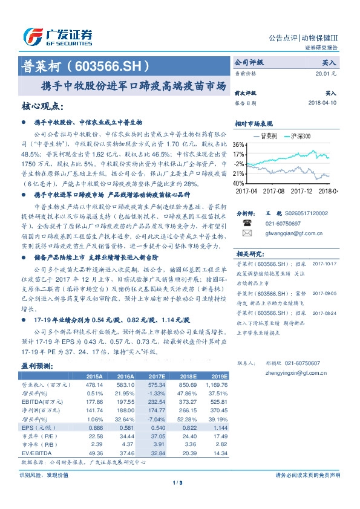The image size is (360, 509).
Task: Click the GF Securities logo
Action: point(57,36)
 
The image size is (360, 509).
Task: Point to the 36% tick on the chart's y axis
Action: point(239,145)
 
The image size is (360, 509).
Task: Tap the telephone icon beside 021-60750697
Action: point(247,222)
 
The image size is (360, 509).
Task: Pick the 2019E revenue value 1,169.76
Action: point(216,384)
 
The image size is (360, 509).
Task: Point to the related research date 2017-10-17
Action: point(326,264)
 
